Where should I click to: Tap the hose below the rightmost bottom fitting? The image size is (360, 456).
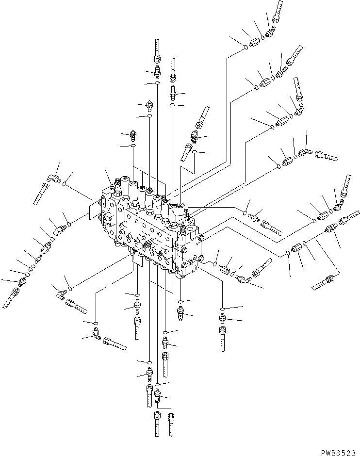click(223, 339)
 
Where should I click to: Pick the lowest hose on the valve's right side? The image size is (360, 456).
click(323, 283)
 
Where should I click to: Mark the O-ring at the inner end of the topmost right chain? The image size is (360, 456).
click(246, 47)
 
